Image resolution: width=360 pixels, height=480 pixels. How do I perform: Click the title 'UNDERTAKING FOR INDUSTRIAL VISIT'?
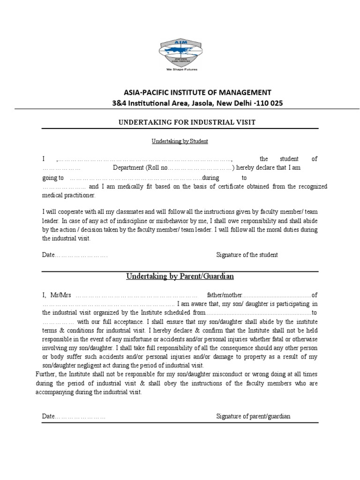(x=180, y=122)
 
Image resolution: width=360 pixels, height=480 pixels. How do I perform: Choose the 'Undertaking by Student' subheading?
(x=180, y=141)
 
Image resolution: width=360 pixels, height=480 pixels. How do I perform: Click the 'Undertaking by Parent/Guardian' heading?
(x=180, y=277)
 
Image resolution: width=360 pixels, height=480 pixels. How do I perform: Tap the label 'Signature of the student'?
(x=247, y=255)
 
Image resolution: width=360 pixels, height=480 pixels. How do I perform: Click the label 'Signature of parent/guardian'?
(x=253, y=416)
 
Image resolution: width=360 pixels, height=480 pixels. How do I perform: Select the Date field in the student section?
(x=75, y=255)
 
